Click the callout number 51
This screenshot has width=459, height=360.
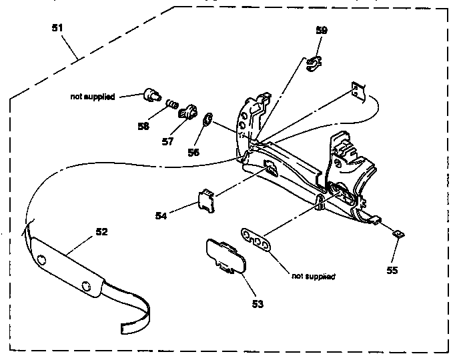(57, 28)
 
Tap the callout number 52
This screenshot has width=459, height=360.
(102, 232)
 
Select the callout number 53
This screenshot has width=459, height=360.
(258, 304)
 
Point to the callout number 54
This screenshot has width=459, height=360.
(161, 216)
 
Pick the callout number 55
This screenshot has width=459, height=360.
(392, 270)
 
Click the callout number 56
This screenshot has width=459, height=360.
(193, 152)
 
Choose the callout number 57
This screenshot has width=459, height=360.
(167, 141)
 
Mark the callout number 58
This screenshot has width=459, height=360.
(143, 126)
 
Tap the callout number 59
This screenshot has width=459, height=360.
(322, 30)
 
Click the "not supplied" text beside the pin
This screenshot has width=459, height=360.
(93, 97)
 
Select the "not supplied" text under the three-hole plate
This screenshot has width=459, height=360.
(314, 276)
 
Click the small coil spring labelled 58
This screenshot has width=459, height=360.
(172, 104)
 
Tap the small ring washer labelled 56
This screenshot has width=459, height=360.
(207, 119)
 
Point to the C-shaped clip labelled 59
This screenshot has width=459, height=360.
(314, 64)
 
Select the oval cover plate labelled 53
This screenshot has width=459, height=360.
(226, 257)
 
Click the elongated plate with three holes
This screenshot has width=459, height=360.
(256, 239)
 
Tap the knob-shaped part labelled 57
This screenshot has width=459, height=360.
(187, 112)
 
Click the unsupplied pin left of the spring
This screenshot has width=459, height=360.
(152, 95)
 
